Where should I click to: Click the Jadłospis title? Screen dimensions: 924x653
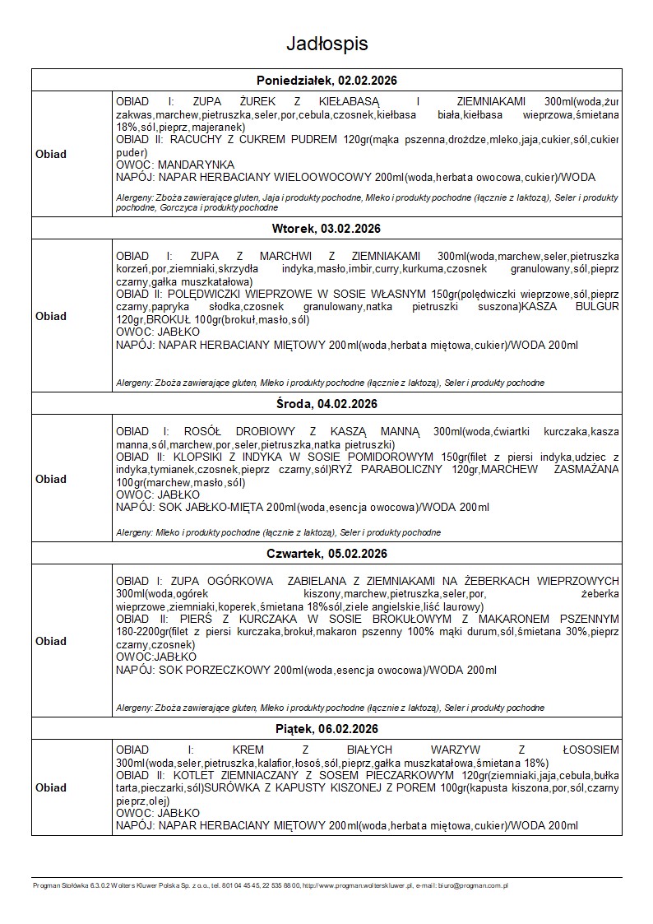coord(326,43)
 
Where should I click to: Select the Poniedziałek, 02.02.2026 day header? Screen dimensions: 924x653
coord(326,80)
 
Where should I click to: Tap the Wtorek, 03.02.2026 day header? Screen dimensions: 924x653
coord(326,228)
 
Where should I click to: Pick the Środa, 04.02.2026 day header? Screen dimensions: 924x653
coord(326,403)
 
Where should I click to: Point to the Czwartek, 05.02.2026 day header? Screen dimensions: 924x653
coord(326,553)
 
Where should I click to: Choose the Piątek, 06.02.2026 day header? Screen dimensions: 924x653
coord(326,729)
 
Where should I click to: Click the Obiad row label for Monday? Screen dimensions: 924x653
coord(51,154)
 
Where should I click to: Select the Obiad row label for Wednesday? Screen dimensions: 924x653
coord(51,479)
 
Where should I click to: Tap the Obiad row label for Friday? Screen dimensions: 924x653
coord(51,787)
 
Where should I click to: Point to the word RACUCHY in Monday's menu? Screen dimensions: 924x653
coord(198,139)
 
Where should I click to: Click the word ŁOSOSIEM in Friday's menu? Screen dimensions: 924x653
coord(590,750)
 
